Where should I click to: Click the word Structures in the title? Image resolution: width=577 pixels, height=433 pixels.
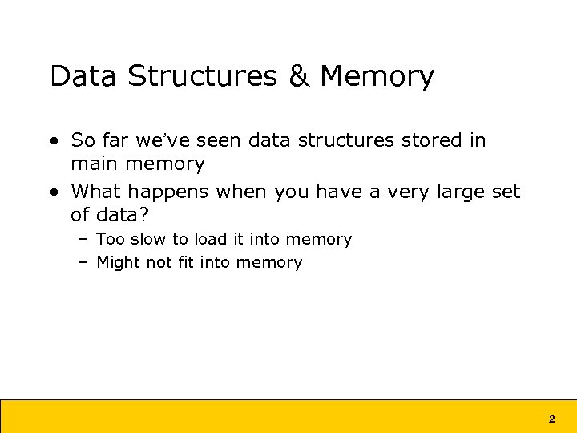(202, 77)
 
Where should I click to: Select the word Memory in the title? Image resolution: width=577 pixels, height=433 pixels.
(377, 77)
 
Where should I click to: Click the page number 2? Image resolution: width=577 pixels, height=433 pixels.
(551, 419)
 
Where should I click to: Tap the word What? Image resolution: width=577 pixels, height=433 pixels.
(99, 192)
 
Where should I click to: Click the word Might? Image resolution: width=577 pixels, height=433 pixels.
(119, 262)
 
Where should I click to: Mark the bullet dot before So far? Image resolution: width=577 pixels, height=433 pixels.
(53, 141)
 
